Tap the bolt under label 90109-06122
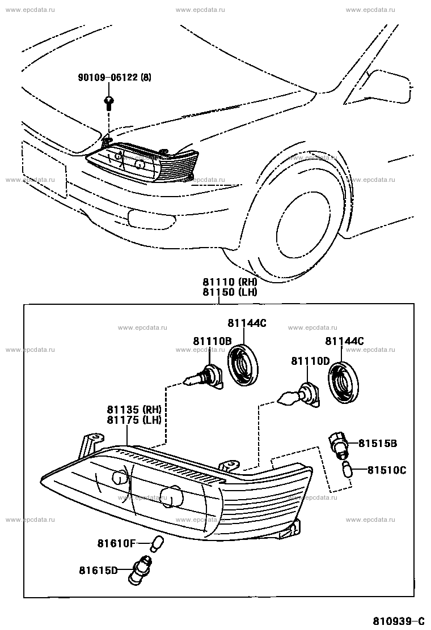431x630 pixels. [108, 103]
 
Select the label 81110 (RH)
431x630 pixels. [230, 282]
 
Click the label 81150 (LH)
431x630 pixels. [230, 292]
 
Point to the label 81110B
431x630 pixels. [212, 341]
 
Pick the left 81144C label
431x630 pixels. [247, 323]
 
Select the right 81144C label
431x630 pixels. [344, 341]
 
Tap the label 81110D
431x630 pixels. [310, 361]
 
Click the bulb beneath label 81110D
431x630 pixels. [299, 396]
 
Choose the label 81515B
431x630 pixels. [378, 443]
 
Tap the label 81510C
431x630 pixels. [387, 470]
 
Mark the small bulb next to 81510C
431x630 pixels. [347, 469]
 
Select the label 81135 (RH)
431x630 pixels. [134, 410]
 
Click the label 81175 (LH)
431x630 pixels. [134, 420]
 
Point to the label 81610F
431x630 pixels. [116, 544]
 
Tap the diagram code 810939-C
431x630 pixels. [399, 621]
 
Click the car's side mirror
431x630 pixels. [378, 87]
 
